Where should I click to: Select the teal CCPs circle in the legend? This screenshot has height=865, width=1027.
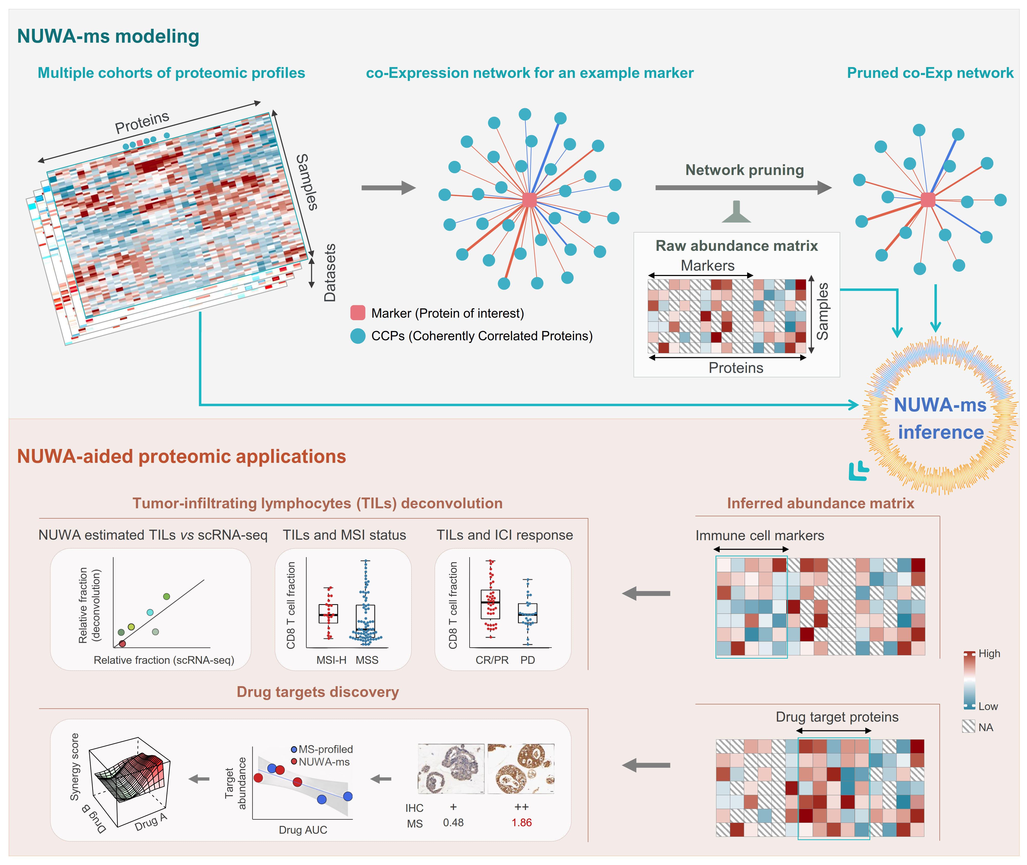click(358, 336)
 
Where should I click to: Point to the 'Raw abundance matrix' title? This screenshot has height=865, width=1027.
click(736, 246)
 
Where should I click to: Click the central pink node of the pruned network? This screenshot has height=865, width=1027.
click(928, 200)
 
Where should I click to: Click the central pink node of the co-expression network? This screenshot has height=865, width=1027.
click(529, 200)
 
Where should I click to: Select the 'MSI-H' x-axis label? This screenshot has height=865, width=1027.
click(331, 660)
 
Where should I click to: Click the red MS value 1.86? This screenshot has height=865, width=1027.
click(521, 822)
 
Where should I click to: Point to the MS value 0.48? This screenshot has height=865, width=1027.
click(453, 822)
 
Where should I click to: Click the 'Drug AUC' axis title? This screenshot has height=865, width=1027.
click(303, 830)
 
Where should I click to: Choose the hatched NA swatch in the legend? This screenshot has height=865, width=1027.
click(968, 726)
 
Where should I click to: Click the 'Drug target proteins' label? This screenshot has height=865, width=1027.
click(837, 717)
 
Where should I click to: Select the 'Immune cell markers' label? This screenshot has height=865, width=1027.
click(759, 536)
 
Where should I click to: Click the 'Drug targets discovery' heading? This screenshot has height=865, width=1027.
click(318, 692)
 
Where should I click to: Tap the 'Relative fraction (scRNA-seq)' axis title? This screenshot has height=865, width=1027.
click(164, 660)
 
